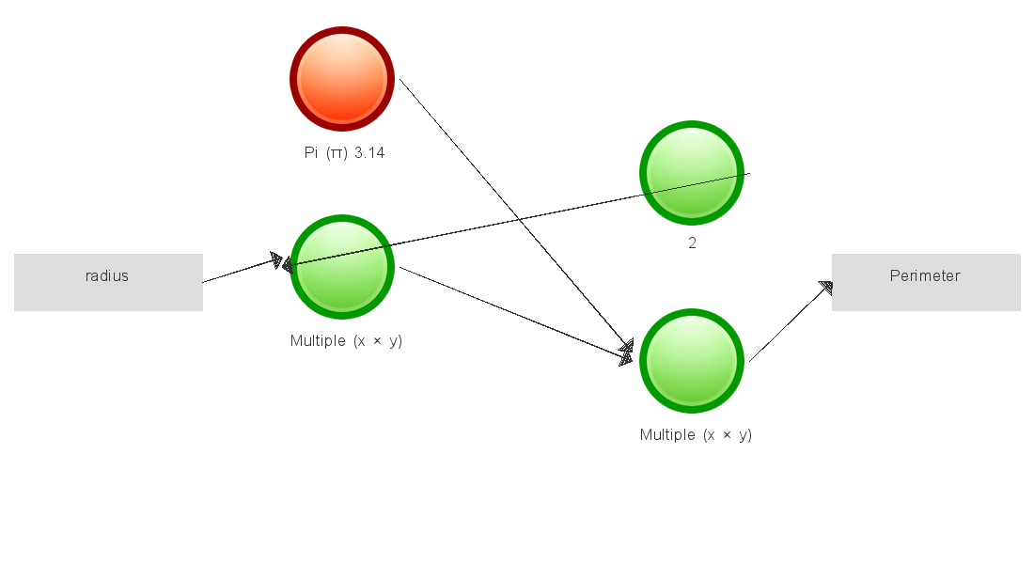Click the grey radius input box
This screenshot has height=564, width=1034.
point(108,282)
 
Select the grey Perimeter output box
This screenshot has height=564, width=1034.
point(926,282)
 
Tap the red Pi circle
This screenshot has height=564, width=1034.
point(341,79)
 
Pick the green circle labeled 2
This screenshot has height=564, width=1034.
point(692,173)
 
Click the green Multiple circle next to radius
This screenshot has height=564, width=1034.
point(341,267)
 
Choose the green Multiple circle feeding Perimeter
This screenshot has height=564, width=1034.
point(692,361)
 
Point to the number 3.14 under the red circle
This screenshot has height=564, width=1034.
point(369,153)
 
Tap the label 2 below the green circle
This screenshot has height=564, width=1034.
point(692,243)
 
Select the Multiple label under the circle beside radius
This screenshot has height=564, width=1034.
point(317,341)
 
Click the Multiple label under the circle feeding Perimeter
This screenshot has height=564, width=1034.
point(666,435)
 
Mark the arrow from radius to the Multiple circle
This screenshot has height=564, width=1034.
point(240,271)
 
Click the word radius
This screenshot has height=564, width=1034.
point(107,276)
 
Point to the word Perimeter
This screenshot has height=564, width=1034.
point(925,276)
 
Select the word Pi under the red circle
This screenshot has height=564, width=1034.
point(311,153)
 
